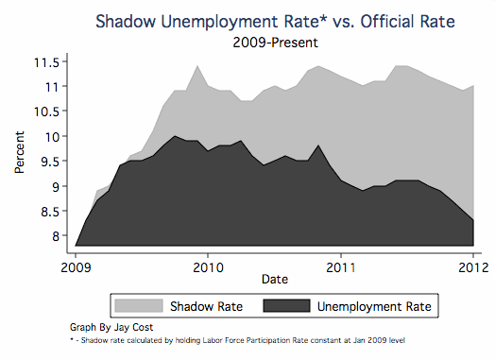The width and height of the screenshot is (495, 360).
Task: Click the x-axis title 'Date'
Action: tap(274, 280)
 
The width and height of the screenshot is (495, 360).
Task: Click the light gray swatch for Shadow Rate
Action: tap(138, 305)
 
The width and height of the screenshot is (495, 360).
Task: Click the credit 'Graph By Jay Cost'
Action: tap(111, 325)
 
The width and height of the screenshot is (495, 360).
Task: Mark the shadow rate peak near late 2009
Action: tap(196, 66)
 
